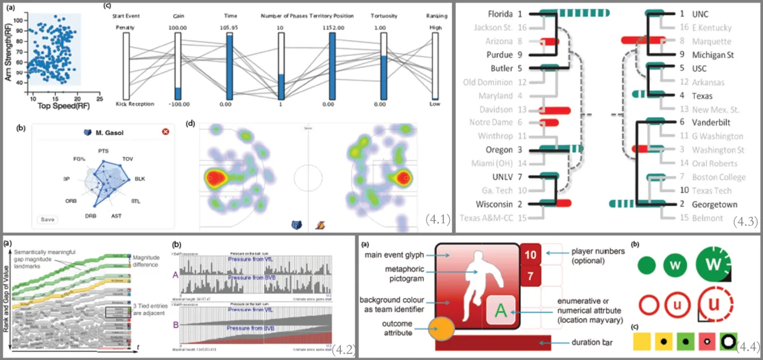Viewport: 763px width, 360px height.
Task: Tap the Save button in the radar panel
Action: point(47,219)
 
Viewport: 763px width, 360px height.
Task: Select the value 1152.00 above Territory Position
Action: point(331,29)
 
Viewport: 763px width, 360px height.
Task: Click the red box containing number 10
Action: point(530,254)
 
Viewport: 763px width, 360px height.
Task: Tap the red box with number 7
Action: point(530,276)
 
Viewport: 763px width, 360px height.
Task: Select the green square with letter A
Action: point(501,312)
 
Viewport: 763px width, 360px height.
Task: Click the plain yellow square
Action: point(642,343)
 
